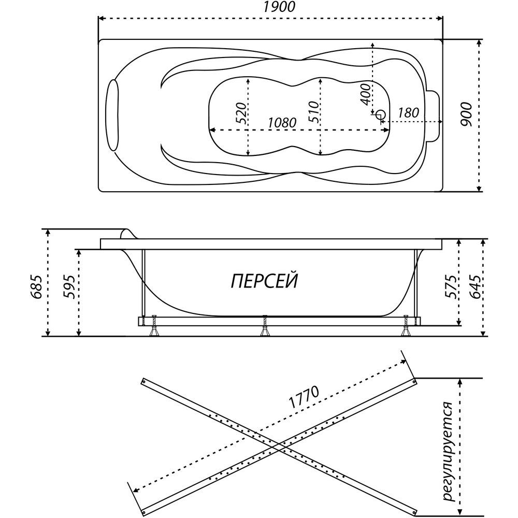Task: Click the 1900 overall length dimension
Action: (x=279, y=7)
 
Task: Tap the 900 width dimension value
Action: (x=467, y=114)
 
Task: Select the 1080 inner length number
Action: (x=281, y=123)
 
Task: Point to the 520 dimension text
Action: (x=241, y=113)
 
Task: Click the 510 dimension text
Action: (x=314, y=112)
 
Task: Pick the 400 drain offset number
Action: (x=365, y=94)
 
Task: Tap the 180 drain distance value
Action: (x=408, y=113)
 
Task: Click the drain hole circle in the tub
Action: (x=381, y=115)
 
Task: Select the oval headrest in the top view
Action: (x=113, y=115)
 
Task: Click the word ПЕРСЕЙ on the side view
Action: (x=264, y=281)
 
